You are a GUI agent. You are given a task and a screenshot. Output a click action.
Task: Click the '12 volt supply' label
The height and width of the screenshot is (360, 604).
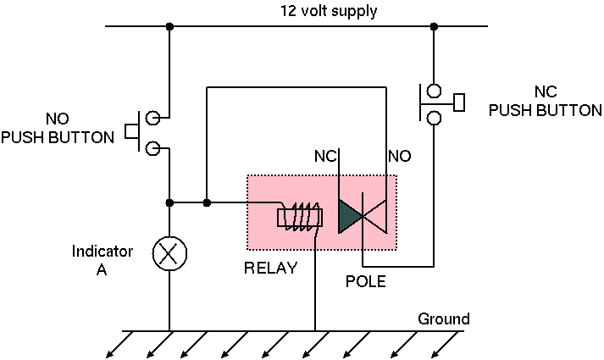329,12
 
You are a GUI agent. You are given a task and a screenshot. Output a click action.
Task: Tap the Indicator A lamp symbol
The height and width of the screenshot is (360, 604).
169,252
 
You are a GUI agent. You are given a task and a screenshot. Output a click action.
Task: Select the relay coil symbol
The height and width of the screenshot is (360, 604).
301,217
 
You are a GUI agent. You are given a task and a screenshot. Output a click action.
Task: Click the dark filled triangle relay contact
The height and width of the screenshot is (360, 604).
349,217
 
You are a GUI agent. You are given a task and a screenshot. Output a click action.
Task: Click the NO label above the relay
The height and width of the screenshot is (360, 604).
399,156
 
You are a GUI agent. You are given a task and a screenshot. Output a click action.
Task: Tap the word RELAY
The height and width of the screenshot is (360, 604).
271,269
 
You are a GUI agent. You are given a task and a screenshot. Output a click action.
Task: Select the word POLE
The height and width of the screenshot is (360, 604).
366,281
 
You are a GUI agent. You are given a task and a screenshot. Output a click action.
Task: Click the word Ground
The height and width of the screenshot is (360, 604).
443,319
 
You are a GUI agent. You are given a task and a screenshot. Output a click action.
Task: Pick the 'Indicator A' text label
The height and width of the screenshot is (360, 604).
103,259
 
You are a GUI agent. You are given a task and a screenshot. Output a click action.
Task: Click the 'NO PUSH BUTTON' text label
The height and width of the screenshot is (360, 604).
58,130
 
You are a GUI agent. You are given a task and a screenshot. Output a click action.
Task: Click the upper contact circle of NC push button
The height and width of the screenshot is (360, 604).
434,90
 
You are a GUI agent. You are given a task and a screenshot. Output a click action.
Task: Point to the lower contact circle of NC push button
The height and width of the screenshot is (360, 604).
434,118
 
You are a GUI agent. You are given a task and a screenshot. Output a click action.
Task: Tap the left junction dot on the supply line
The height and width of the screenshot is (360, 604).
170,27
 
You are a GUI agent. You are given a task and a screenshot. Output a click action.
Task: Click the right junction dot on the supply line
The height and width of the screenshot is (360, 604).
434,27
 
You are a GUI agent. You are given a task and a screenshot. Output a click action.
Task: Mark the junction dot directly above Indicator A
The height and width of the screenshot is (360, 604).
170,202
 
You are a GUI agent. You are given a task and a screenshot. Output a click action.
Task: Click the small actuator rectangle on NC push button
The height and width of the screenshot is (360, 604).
459,102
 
